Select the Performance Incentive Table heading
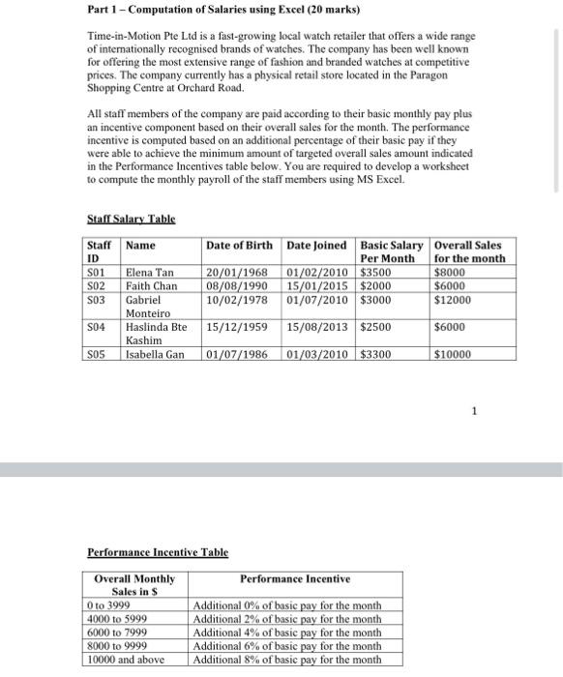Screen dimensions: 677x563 click(158, 552)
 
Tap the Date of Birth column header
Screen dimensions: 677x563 click(242, 246)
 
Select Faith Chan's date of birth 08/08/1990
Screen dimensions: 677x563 click(238, 287)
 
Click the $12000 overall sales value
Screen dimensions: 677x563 click(455, 300)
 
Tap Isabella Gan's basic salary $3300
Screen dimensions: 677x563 click(376, 354)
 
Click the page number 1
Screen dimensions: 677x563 click(474, 410)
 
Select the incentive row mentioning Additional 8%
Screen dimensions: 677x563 click(287, 660)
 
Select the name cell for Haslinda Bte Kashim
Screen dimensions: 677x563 click(155, 334)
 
